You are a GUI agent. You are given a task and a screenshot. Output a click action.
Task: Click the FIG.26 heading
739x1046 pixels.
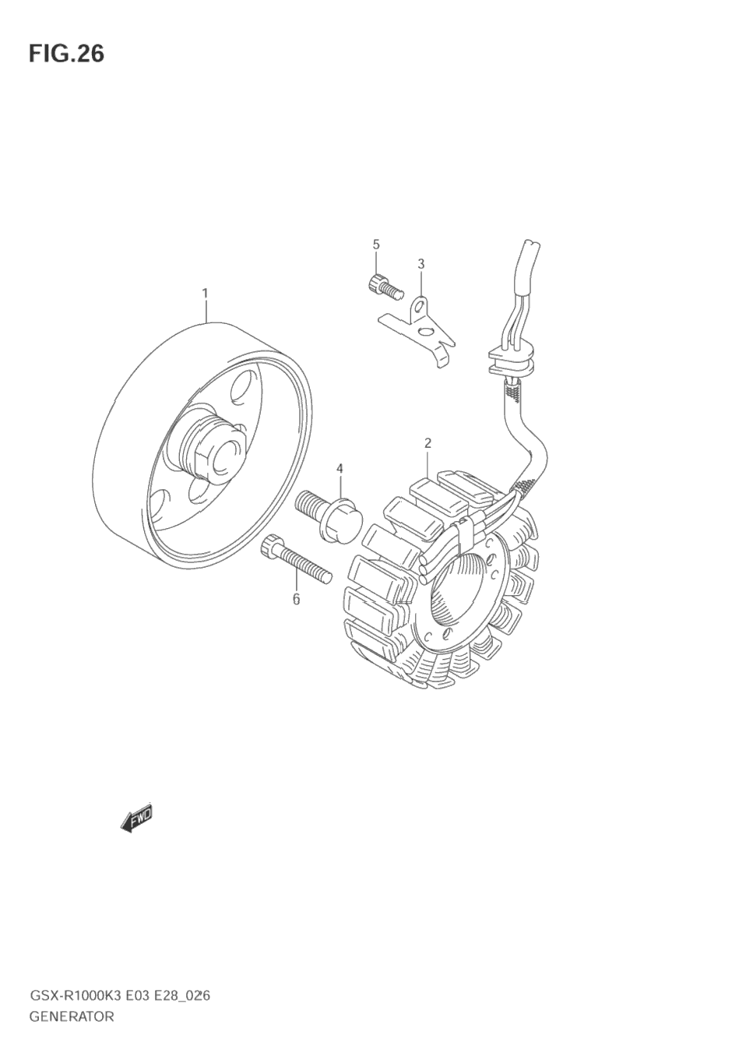(66, 54)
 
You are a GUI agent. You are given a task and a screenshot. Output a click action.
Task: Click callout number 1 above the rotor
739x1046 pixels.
(205, 294)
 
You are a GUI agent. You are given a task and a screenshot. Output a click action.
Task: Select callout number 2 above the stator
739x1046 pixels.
(428, 443)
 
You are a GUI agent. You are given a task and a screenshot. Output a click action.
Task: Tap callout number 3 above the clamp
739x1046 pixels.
(421, 263)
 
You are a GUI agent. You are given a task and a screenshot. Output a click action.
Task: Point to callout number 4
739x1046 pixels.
(340, 468)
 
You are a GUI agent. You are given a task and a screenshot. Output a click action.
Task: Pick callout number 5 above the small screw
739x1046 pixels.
(376, 245)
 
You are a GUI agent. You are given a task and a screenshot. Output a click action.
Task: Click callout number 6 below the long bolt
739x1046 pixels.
(296, 599)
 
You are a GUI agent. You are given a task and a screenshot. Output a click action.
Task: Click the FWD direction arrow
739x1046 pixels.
(137, 818)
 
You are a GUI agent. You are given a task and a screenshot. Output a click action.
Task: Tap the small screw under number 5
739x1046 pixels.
(382, 287)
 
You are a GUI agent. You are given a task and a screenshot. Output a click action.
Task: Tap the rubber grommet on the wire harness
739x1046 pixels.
(510, 357)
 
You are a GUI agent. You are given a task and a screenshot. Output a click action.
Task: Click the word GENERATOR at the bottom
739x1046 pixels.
(72, 1016)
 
